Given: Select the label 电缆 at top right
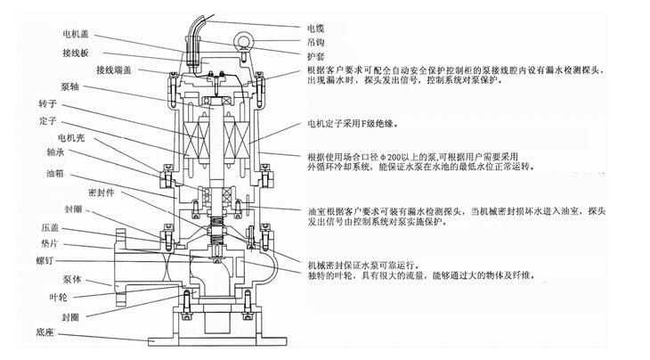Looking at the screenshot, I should (317, 15).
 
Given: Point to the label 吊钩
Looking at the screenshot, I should (317, 32).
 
